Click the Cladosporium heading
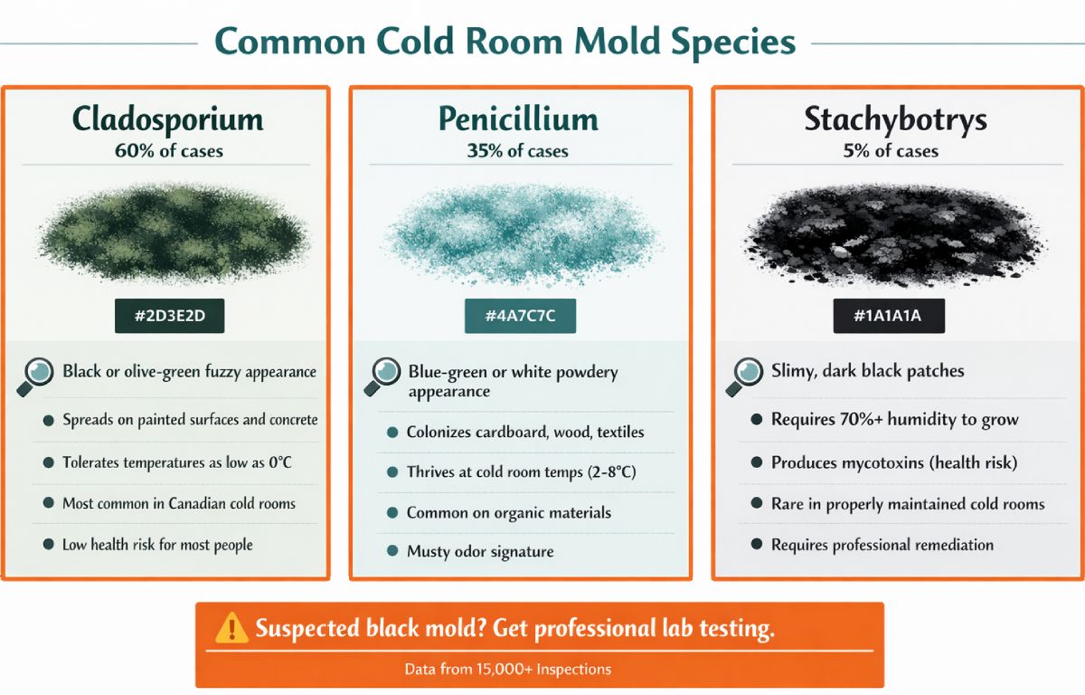click(x=167, y=119)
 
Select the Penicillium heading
click(x=518, y=119)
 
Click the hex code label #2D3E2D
click(x=169, y=317)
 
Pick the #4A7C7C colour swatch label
click(x=520, y=317)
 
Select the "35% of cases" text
click(x=519, y=151)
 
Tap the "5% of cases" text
click(x=891, y=151)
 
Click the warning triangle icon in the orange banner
click(x=231, y=627)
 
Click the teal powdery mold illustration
click(x=520, y=233)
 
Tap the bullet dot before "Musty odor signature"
click(x=392, y=551)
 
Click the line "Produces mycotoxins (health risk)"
click(x=893, y=462)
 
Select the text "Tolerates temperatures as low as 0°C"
click(x=176, y=462)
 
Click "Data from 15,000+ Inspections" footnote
click(x=507, y=670)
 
